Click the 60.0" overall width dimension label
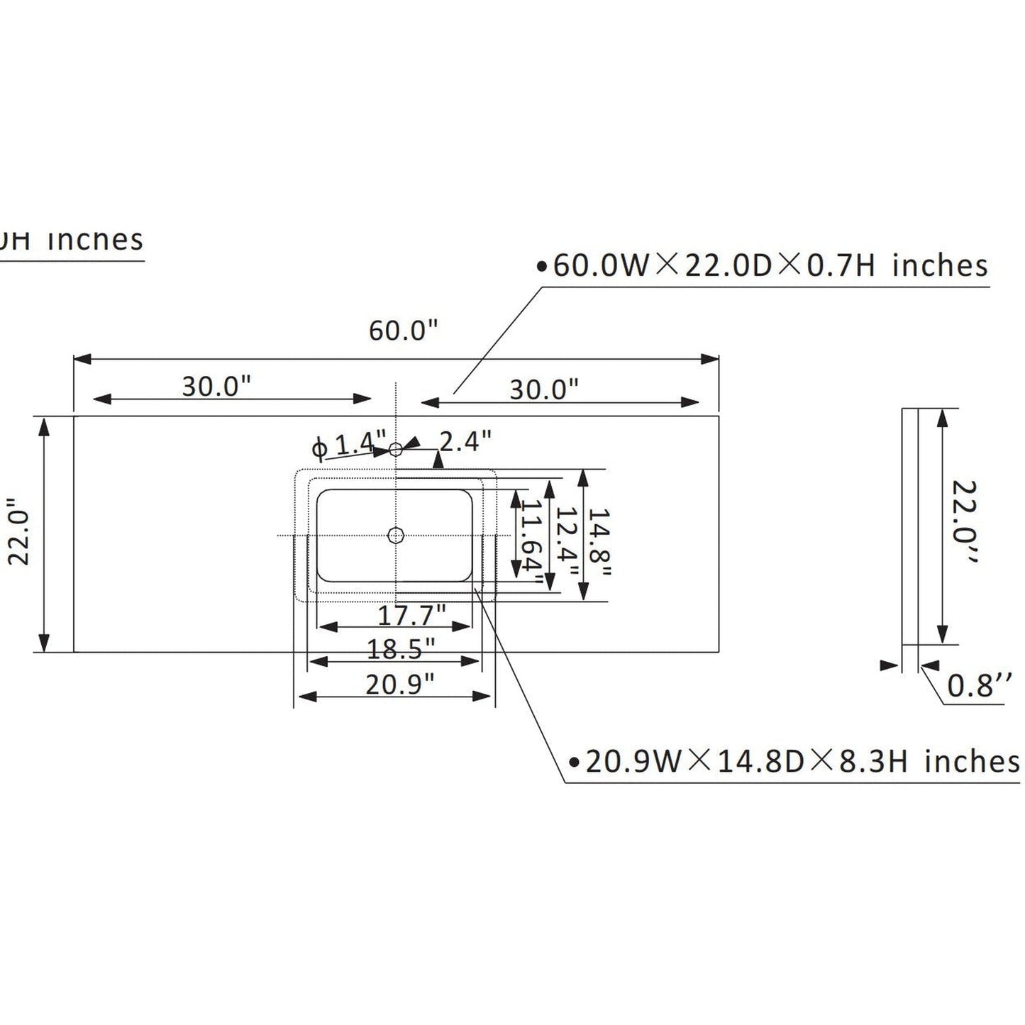pos(403,331)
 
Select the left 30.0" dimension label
pos(217,387)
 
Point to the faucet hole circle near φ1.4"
pos(396,448)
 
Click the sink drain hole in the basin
pos(395,536)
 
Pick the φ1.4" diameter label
pos(350,445)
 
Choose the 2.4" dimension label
pos(465,441)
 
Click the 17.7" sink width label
pos(411,614)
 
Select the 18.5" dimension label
pos(401,648)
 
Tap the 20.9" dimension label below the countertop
pos(399,685)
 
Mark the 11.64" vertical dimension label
pos(533,543)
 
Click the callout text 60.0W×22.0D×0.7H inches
pos(770,267)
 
